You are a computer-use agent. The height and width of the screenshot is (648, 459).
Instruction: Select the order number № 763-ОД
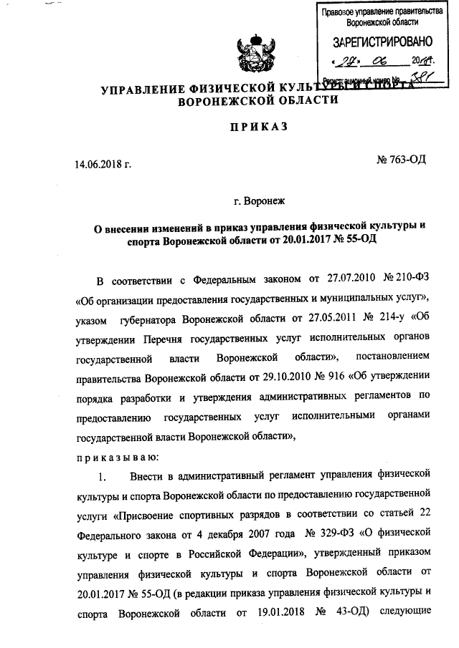coord(401,158)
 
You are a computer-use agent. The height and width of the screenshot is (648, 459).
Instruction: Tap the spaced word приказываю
coord(111,455)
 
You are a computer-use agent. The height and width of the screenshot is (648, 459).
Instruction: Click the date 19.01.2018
coord(275,612)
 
